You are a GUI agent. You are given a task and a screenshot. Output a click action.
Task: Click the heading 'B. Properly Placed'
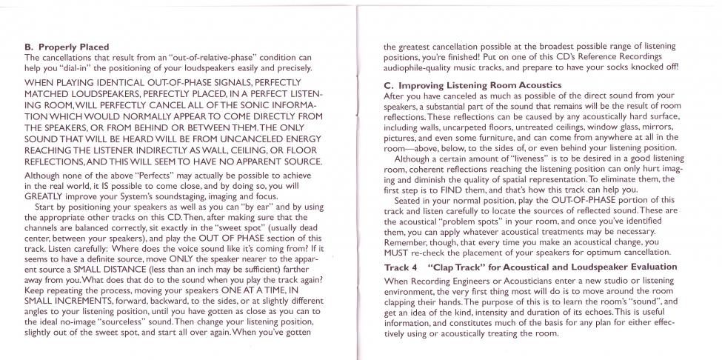coord(67,47)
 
